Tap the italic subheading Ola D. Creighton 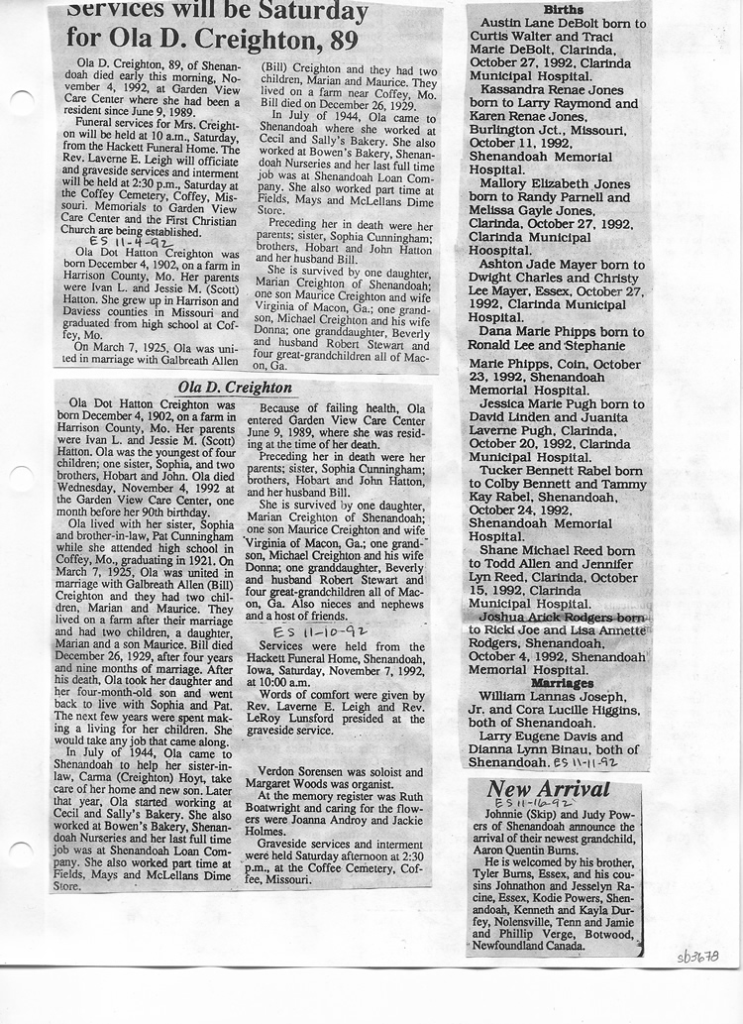point(235,387)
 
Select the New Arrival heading point(547,788)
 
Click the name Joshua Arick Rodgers point(542,617)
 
